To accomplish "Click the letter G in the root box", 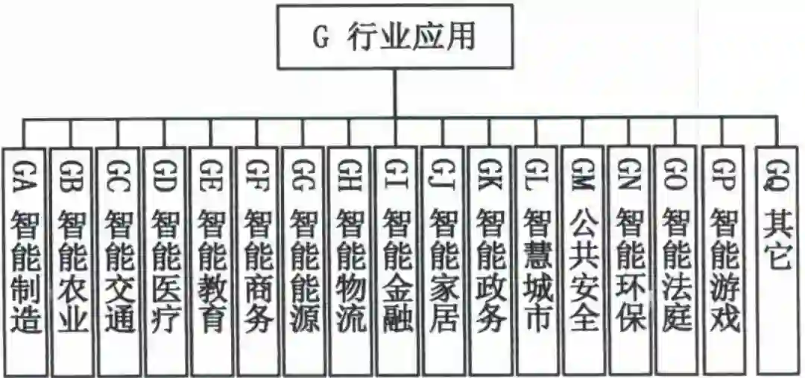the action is tap(320, 38).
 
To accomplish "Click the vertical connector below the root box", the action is tap(395, 92).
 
